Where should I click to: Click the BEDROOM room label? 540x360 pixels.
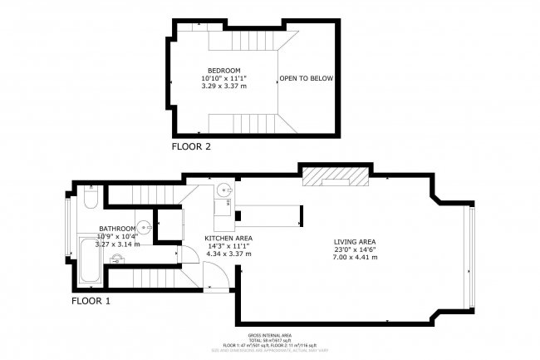pyautogui.click(x=224, y=71)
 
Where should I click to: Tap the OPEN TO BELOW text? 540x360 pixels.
pyautogui.click(x=307, y=78)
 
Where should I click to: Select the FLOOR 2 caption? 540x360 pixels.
pyautogui.click(x=191, y=146)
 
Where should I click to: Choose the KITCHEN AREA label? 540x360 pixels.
pyautogui.click(x=228, y=238)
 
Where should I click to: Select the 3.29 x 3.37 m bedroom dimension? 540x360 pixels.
pyautogui.click(x=224, y=86)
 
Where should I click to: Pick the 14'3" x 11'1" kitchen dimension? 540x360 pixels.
pyautogui.click(x=228, y=246)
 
